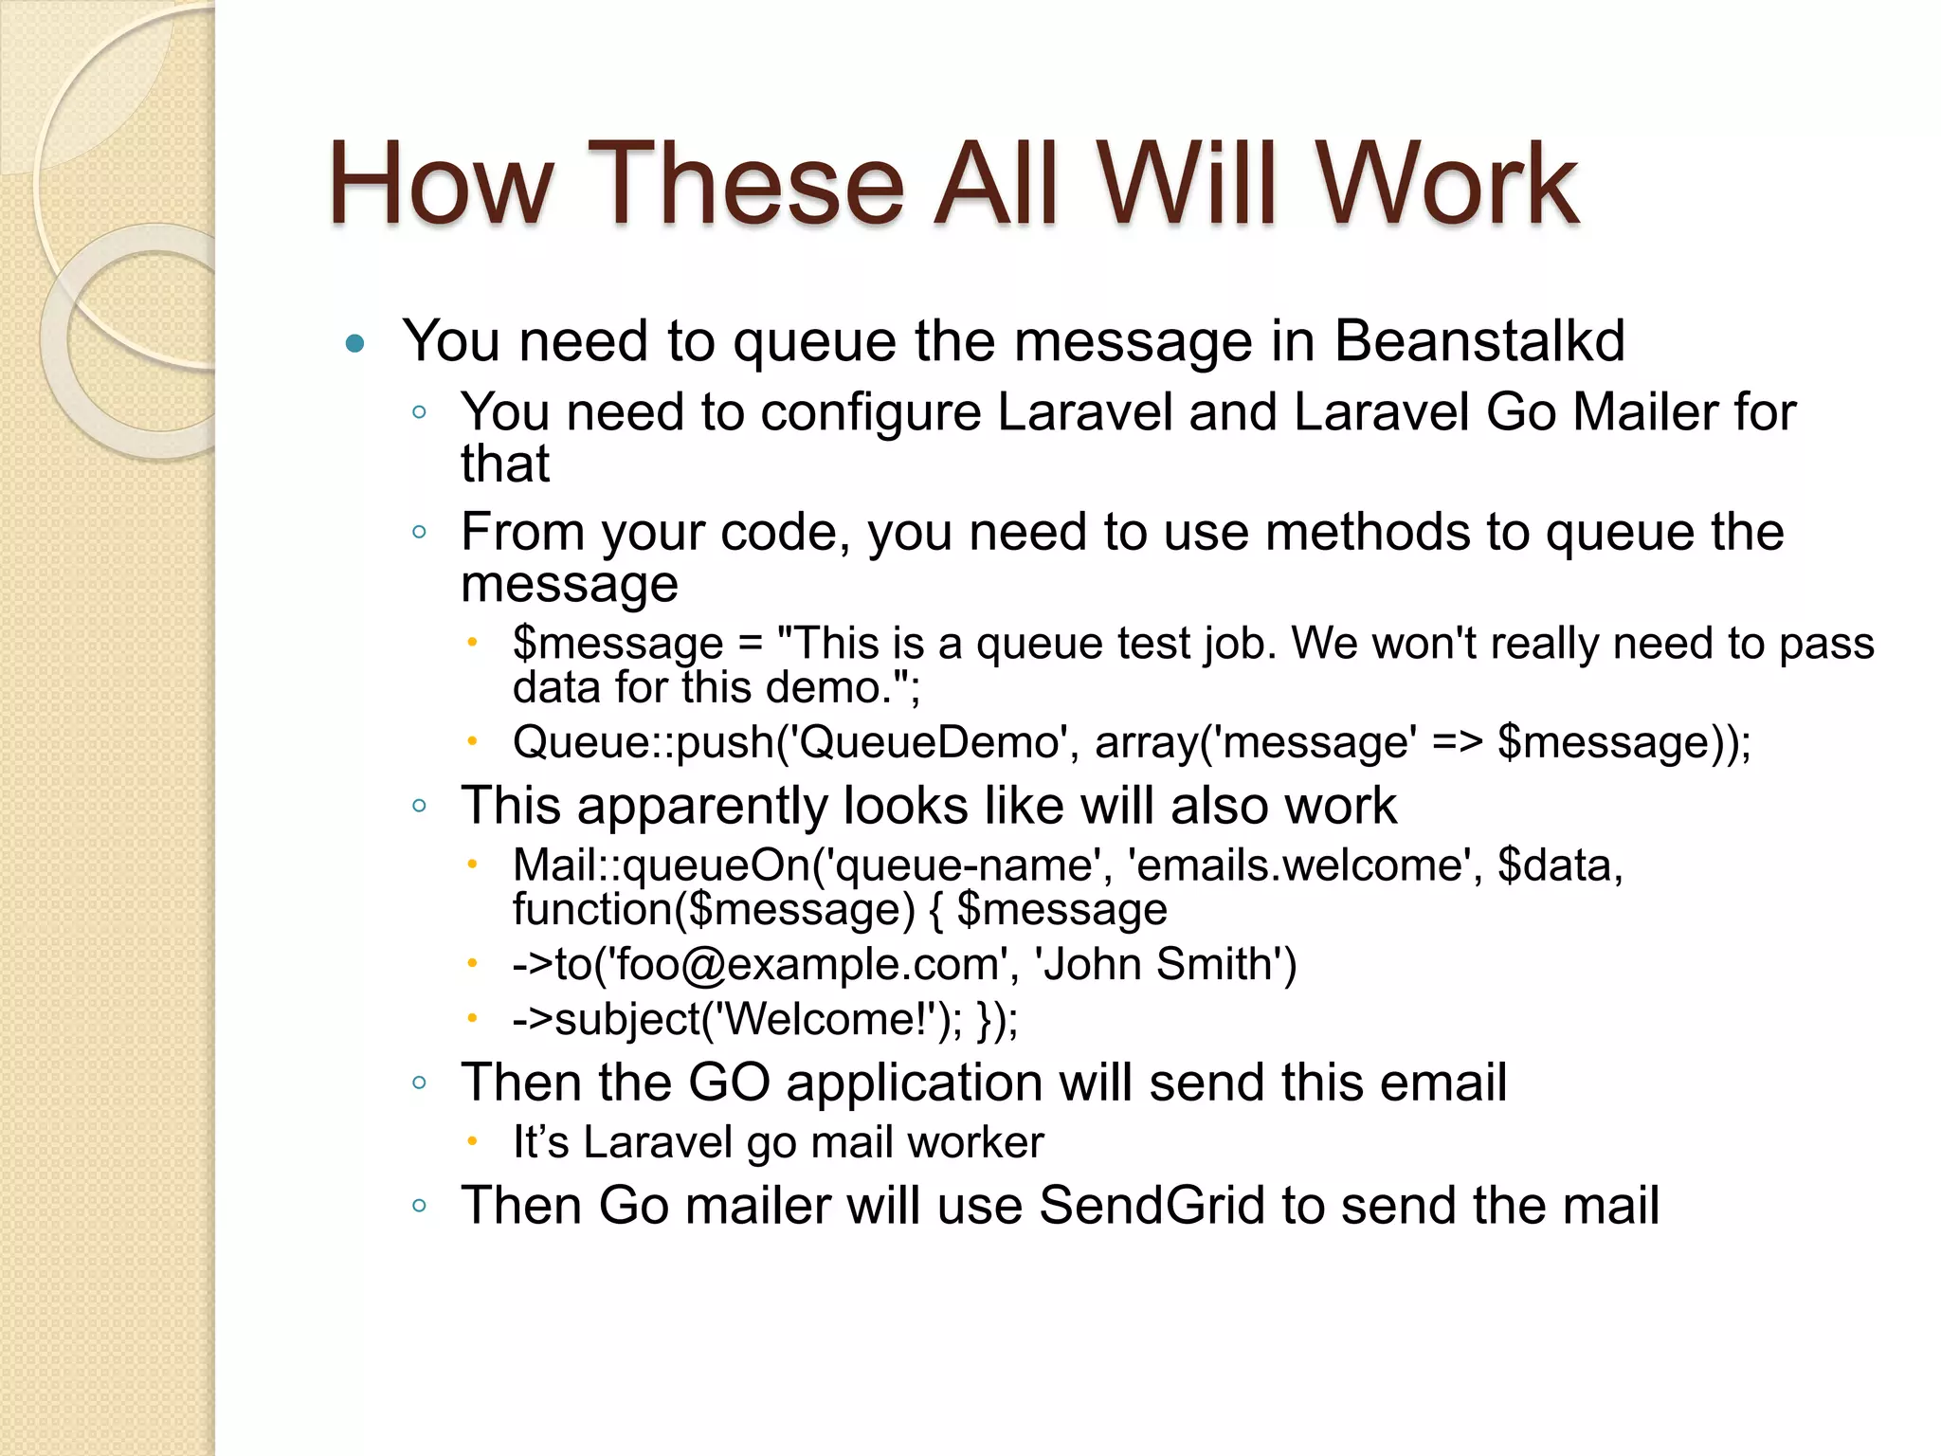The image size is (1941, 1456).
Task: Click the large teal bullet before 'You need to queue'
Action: click(x=355, y=343)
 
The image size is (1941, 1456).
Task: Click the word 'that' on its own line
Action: click(x=504, y=464)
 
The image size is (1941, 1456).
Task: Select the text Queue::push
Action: click(x=643, y=742)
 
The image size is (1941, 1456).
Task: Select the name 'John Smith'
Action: click(x=1164, y=964)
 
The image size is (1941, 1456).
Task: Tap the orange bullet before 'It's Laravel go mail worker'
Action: click(x=472, y=1141)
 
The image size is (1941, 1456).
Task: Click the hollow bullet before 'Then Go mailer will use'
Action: click(x=420, y=1207)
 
